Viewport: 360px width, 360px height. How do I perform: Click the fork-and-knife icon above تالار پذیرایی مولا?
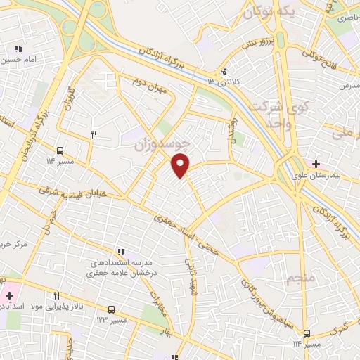[x=56, y=295]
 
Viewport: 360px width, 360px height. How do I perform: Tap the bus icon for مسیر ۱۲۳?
[x=111, y=309]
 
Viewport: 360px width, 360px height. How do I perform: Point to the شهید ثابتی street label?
[x=189, y=277]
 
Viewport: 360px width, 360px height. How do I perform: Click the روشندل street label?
[x=229, y=128]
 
